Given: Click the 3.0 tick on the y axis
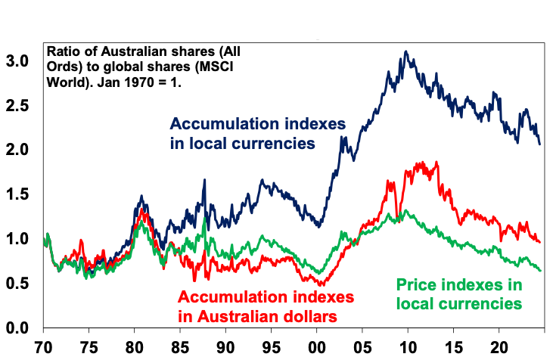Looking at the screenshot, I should pos(21,61).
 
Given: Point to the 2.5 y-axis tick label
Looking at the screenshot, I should pos(21,105).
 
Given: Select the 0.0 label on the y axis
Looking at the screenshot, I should pos(21,328).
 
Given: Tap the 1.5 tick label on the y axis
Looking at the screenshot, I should pos(21,194).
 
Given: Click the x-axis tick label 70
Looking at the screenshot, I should pos(44,348).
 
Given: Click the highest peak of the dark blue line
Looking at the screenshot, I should pos(407,51).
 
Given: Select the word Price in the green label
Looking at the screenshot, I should pos(417,285).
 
